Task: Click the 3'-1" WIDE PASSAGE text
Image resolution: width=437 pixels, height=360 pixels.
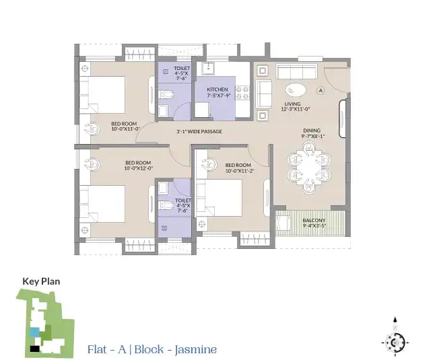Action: [x=199, y=131]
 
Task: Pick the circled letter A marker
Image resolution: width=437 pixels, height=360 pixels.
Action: [x=321, y=90]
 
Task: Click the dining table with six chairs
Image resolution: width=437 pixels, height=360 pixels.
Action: [x=309, y=168]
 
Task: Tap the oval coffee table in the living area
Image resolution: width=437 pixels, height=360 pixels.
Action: [x=296, y=90]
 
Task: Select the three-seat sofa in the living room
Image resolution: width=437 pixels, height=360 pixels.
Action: [x=296, y=71]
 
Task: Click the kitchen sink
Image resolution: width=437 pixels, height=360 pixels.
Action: [x=208, y=68]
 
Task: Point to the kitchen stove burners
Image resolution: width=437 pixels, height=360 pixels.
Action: [x=242, y=93]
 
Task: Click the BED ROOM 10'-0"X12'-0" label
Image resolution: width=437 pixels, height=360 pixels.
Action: [x=138, y=166]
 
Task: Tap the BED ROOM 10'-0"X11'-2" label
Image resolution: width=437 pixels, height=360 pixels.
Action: [x=238, y=168]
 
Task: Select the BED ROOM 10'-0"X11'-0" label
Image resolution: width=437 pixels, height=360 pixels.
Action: [x=125, y=126]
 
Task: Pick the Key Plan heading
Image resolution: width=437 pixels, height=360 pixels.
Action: [x=41, y=281]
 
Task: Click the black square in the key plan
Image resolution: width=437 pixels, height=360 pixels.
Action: [x=34, y=349]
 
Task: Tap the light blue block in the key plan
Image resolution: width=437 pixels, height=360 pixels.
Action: [x=34, y=332]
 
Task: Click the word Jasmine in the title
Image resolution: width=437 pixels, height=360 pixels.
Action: [x=196, y=350]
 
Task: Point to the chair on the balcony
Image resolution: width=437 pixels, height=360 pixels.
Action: [x=283, y=223]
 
